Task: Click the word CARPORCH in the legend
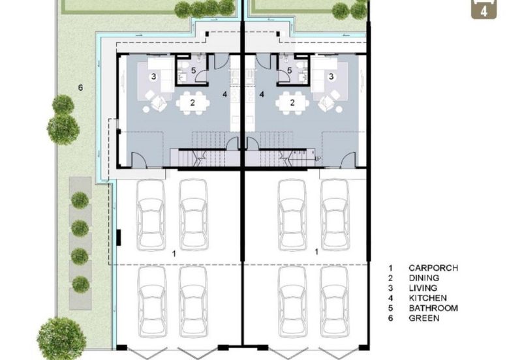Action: [433, 268]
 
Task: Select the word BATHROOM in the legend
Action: [433, 308]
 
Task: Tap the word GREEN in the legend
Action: [423, 318]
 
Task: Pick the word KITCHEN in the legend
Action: [427, 298]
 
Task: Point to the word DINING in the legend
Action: [423, 278]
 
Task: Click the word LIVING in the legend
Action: [423, 288]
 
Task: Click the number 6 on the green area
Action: [80, 88]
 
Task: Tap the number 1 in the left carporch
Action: [174, 254]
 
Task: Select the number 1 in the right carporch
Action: [316, 252]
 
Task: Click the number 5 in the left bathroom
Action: [194, 70]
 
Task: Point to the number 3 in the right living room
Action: [331, 76]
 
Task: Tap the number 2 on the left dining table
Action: [192, 103]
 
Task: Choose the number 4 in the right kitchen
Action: [262, 95]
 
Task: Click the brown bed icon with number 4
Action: [484, 9]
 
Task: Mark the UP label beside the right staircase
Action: [318, 158]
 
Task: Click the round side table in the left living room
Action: [146, 109]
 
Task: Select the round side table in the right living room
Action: [339, 109]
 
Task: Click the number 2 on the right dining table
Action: [292, 103]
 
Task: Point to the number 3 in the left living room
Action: [153, 76]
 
